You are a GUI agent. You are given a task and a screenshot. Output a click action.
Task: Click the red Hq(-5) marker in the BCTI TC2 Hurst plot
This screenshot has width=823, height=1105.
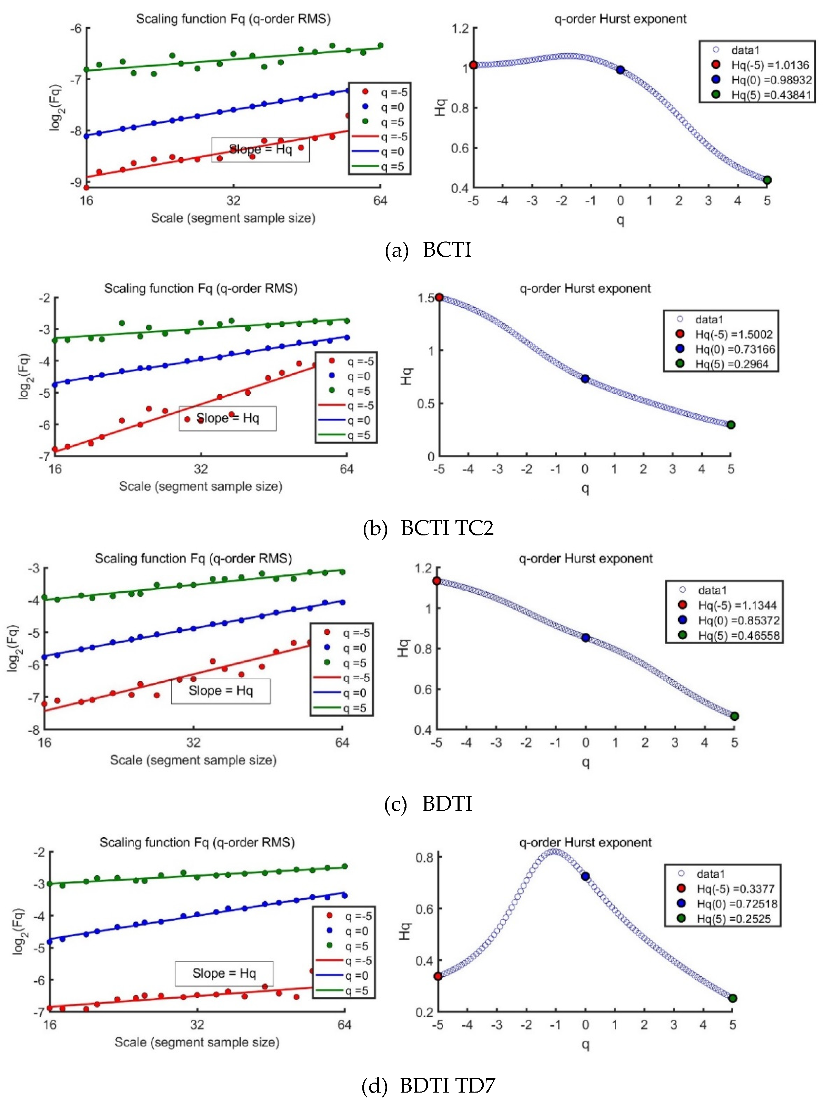pyautogui.click(x=439, y=297)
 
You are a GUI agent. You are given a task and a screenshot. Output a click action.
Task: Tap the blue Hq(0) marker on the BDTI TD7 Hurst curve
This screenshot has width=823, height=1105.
pyautogui.click(x=585, y=876)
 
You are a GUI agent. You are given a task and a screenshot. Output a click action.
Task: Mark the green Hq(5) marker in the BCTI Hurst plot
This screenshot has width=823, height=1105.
pyautogui.click(x=767, y=180)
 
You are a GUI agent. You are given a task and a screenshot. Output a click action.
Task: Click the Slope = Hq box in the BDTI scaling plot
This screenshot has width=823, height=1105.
pyautogui.click(x=221, y=691)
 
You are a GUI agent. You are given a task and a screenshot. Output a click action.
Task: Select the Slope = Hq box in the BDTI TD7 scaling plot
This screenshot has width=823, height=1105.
pyautogui.click(x=224, y=974)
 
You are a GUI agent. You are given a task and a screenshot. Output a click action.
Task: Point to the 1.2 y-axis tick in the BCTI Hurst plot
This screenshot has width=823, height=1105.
pyautogui.click(x=460, y=28)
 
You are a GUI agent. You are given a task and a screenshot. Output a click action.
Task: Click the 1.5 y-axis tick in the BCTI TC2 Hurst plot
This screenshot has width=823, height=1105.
pyautogui.click(x=426, y=298)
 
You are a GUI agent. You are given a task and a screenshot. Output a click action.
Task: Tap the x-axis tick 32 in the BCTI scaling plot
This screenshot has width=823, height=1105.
pyautogui.click(x=233, y=200)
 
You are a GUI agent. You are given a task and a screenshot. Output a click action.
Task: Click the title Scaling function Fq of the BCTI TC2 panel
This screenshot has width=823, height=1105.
pyautogui.click(x=201, y=289)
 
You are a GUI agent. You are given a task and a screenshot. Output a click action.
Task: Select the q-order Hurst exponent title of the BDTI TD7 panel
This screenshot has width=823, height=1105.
pyautogui.click(x=585, y=843)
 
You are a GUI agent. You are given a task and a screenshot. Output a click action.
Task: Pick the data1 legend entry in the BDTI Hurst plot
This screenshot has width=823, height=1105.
pyautogui.click(x=712, y=590)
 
